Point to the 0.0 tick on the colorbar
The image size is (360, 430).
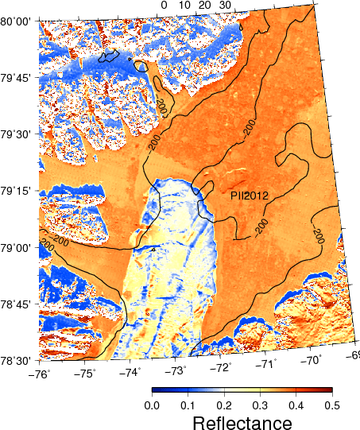pos(151,404)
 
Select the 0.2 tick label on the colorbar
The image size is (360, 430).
pos(223,404)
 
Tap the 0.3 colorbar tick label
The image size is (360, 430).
pos(259,404)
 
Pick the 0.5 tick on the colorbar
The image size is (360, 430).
pos(331,404)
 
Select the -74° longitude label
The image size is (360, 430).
pos(130,370)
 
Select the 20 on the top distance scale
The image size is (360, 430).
pos(205,6)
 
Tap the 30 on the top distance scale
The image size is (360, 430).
pos(224,6)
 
